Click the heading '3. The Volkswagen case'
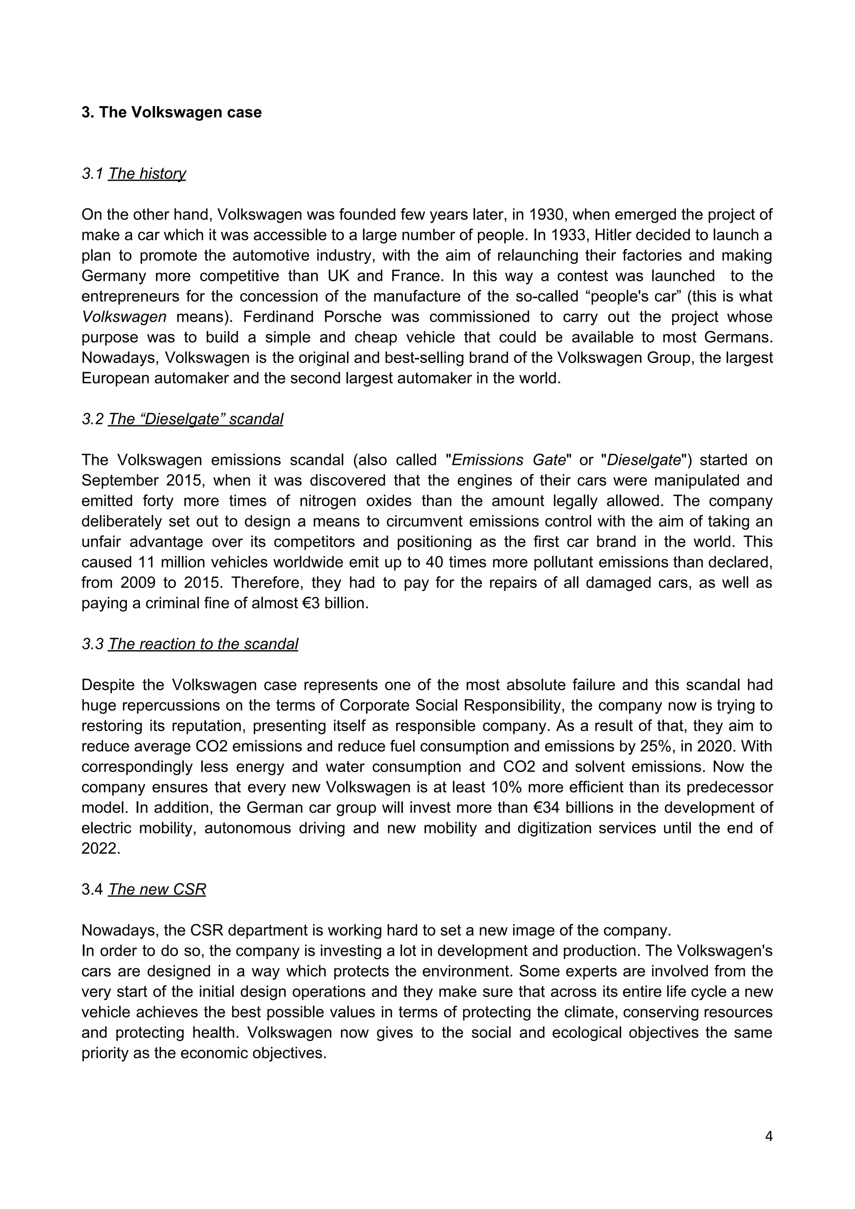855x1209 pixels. click(171, 112)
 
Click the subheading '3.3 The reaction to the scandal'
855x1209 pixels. click(190, 644)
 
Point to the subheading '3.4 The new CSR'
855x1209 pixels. click(143, 889)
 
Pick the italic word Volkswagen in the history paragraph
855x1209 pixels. click(124, 317)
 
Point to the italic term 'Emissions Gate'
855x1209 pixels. click(508, 460)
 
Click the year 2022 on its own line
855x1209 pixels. click(101, 849)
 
